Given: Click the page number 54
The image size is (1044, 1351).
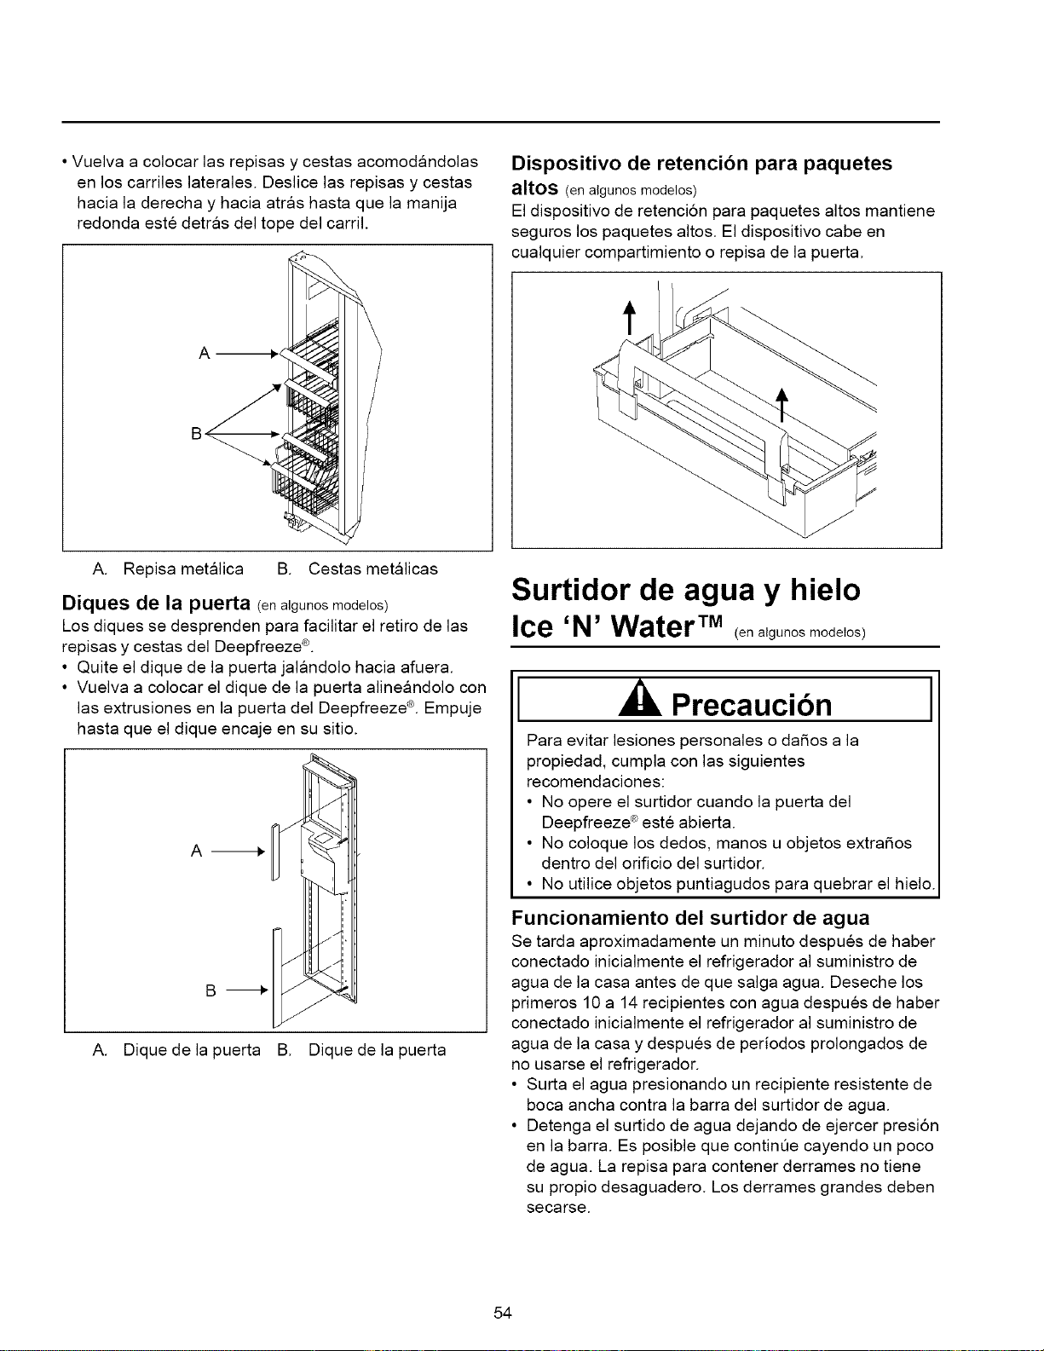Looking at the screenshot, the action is pos(502,1313).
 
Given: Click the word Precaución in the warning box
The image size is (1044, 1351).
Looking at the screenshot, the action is pos(752,704).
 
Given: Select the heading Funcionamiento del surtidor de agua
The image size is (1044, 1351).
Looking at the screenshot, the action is pos(690,918).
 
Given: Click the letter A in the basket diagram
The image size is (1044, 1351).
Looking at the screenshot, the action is pos(204,354).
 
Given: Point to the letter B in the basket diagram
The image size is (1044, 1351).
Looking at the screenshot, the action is pos(196,433).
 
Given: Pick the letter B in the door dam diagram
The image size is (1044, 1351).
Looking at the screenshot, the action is pos(211,990).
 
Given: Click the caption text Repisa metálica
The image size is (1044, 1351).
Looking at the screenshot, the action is pos(183,569).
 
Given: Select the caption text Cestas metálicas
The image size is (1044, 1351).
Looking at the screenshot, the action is pos(373,569).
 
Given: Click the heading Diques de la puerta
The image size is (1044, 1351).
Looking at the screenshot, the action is pos(156,603).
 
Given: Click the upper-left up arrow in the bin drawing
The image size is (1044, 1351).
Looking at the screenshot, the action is pos(630,318).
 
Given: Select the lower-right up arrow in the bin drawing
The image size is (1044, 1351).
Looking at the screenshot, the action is pos(782,404).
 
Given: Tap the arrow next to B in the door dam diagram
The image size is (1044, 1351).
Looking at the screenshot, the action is pos(246,989).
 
